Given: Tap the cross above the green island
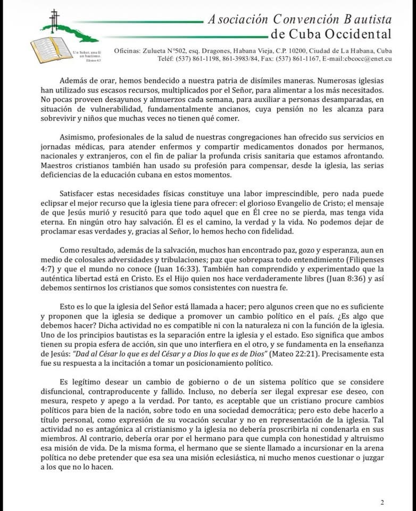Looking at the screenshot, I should click(x=53, y=19).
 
